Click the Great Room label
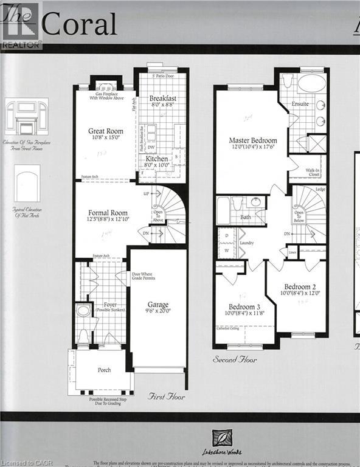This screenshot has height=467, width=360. tap(106, 131)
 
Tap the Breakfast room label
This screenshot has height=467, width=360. tap(162, 98)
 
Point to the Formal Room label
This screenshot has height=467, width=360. tap(107, 213)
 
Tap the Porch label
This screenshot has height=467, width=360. tap(104, 370)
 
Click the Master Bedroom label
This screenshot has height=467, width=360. tap(249, 140)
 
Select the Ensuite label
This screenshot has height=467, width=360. tap(300, 104)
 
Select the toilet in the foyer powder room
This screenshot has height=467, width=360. tap(83, 336)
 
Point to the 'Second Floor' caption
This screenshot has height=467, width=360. tap(235, 360)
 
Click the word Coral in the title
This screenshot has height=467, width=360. tap(79, 25)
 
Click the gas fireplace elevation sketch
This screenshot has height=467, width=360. tap(26, 118)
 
